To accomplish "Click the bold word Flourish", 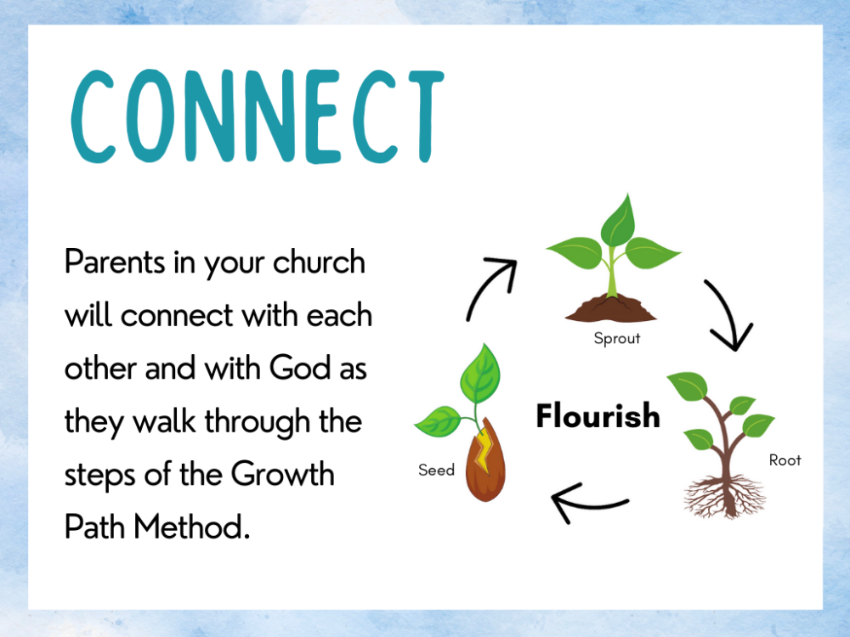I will click(x=598, y=416).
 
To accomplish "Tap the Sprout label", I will click(x=616, y=338).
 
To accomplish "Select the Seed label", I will click(x=436, y=470).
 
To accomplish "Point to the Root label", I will click(x=785, y=460).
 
